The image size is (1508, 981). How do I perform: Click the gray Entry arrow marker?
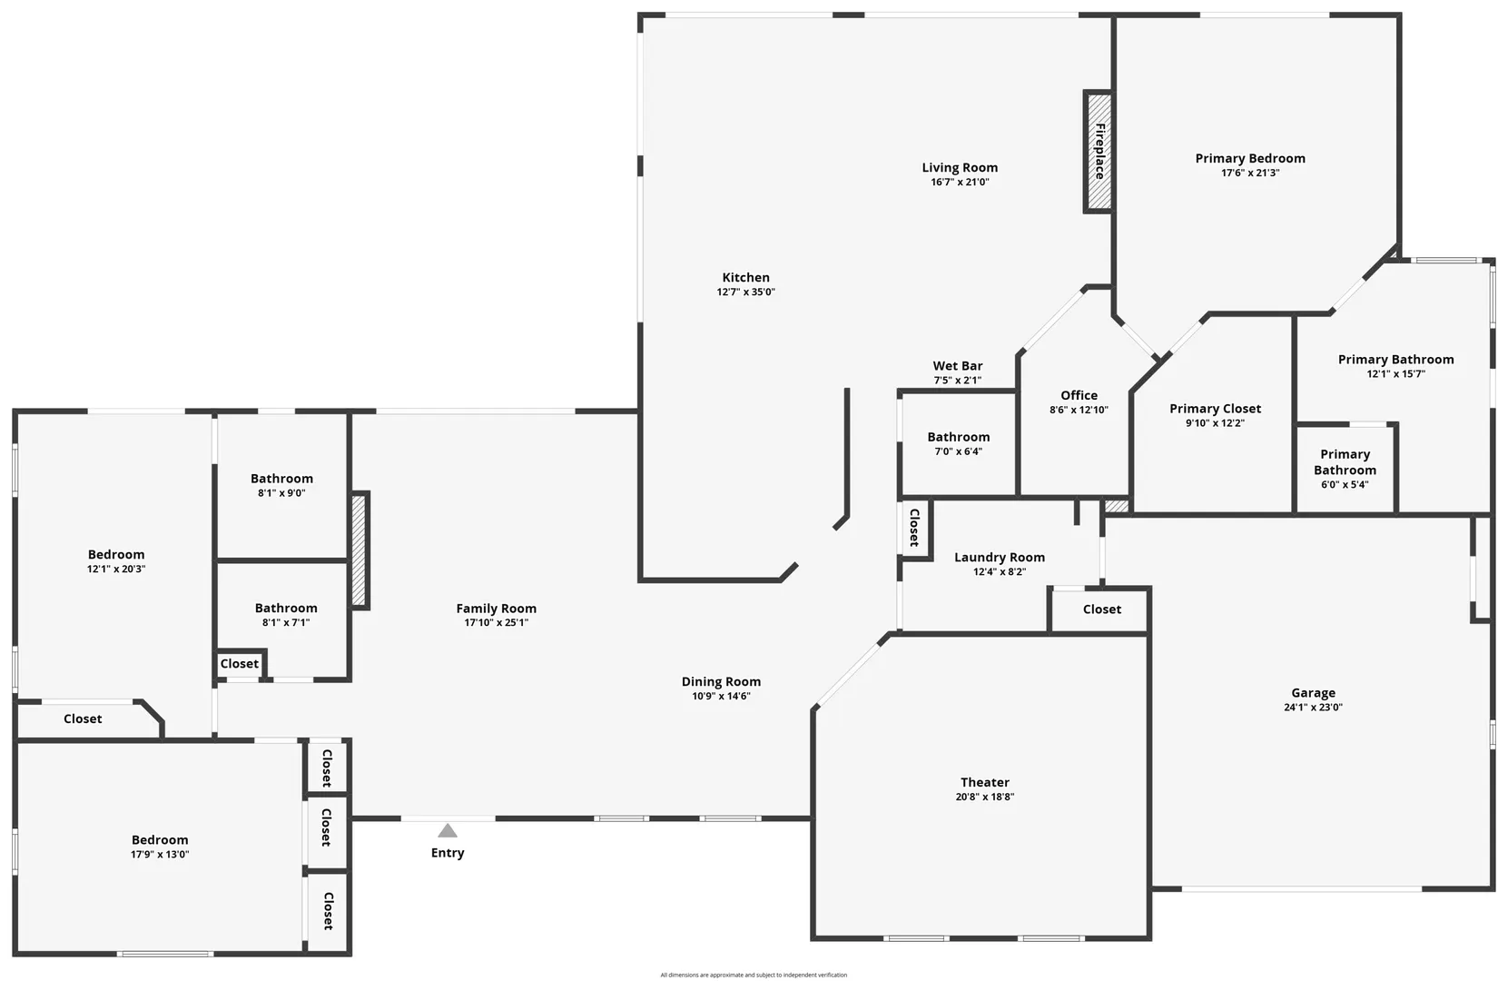pos(448,830)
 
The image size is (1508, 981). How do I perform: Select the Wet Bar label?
pos(957,366)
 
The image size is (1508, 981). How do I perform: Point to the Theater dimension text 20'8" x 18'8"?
pos(985,797)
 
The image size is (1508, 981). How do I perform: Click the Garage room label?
pos(1313,693)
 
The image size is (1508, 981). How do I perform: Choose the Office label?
pos(1079,395)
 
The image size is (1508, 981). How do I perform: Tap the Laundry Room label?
pos(1000,557)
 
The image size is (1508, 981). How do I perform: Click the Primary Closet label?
pos(1215,409)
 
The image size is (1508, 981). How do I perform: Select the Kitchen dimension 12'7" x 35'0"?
pos(746,292)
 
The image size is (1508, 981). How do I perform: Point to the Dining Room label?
pos(721,682)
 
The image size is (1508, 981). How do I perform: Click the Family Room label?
pos(496,609)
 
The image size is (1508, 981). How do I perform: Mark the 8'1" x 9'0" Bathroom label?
pos(281,479)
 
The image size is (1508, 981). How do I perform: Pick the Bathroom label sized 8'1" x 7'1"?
pos(286,608)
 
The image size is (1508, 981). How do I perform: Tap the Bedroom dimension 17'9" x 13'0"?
pos(160,855)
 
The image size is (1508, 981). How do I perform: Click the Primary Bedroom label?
pos(1250,158)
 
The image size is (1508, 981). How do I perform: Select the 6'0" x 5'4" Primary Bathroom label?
pos(1345,462)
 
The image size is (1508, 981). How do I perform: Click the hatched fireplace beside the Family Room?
pos(360,551)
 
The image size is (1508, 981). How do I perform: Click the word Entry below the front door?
pos(448,853)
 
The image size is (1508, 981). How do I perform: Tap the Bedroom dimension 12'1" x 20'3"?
pos(116,569)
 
